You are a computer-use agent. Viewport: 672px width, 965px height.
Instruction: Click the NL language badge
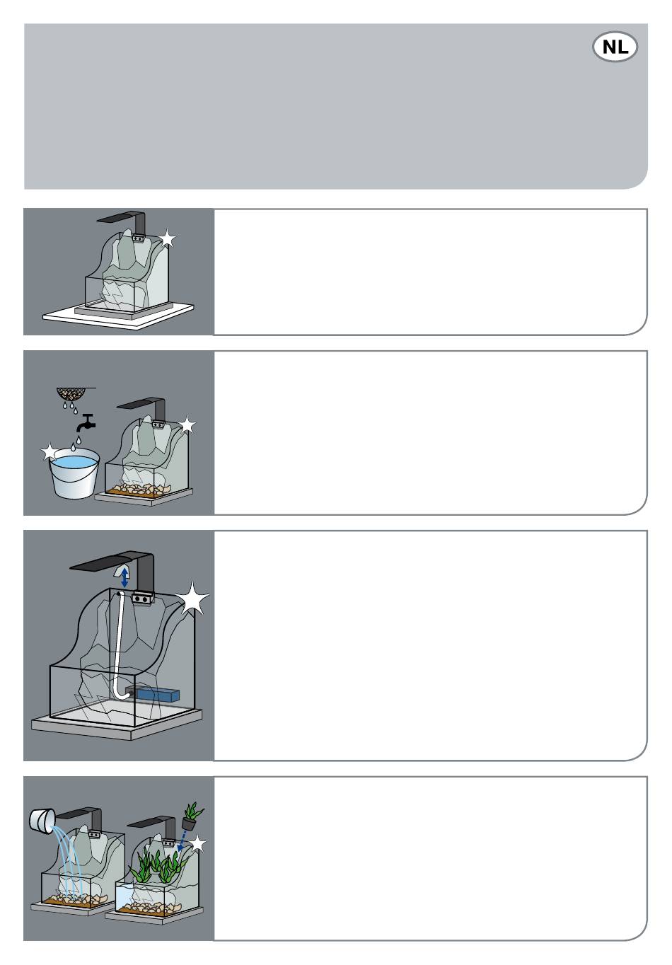(x=615, y=47)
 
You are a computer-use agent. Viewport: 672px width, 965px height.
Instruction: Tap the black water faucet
(x=86, y=422)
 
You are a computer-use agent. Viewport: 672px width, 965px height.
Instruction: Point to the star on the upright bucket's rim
(x=50, y=452)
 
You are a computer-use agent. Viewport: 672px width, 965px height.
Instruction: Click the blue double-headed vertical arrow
(x=124, y=577)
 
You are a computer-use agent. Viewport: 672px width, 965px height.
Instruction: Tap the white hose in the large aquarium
(x=121, y=646)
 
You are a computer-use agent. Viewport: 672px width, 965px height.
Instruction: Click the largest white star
(x=192, y=599)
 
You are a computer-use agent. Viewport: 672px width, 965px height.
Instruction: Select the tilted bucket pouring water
(x=42, y=819)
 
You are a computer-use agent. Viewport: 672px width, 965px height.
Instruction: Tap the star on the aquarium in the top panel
(x=167, y=238)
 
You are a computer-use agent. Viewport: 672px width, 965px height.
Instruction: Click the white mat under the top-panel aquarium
(x=118, y=317)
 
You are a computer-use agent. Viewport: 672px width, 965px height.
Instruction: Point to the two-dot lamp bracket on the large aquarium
(x=141, y=599)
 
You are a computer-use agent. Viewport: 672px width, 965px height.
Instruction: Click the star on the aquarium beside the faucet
(x=187, y=425)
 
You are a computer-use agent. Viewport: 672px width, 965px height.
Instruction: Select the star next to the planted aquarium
(x=198, y=844)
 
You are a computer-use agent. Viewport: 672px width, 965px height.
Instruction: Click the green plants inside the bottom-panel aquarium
(x=157, y=865)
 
